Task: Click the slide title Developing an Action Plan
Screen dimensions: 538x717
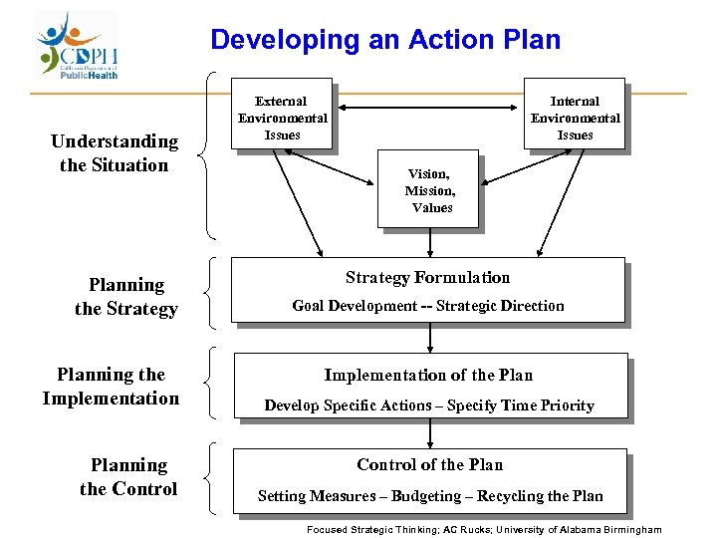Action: (385, 40)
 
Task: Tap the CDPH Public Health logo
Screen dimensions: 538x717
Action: (78, 46)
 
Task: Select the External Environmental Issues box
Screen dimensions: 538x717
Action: (282, 117)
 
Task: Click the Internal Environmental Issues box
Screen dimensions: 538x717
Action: (575, 117)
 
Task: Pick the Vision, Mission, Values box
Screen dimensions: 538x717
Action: (429, 190)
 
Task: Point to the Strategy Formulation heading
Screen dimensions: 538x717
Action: (427, 278)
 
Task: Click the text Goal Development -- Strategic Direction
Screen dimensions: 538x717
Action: (427, 306)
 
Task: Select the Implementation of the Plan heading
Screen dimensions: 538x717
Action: (428, 375)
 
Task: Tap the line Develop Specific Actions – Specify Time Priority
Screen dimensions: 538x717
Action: (428, 404)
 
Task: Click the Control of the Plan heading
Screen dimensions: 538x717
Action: (429, 464)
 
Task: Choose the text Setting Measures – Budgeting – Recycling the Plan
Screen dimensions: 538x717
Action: (430, 495)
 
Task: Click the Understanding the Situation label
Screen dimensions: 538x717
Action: (114, 153)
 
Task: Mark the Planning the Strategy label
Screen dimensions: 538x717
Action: (125, 297)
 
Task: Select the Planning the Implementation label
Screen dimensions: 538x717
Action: (111, 387)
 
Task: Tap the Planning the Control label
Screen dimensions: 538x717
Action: (128, 476)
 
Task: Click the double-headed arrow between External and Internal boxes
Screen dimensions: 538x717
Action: (428, 108)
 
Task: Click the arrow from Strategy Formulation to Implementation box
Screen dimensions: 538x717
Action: (429, 338)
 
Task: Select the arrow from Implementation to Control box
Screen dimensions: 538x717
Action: (429, 432)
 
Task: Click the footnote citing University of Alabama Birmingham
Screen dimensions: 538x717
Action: (484, 529)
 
